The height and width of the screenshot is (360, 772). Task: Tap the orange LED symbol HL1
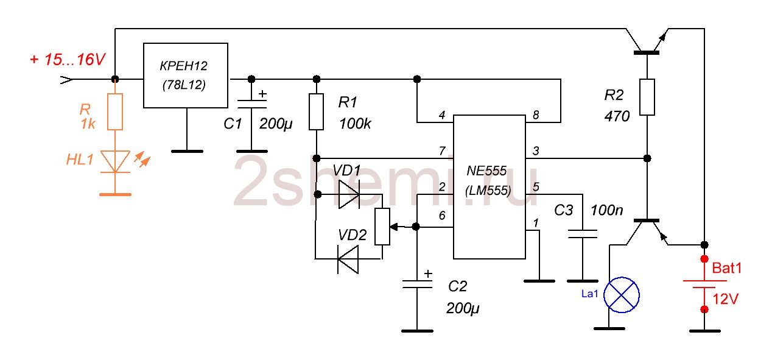pos(115,161)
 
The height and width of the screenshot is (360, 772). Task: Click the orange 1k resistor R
pos(115,111)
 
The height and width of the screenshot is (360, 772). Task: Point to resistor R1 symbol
pos(316,111)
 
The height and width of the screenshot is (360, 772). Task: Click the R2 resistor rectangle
pos(647,97)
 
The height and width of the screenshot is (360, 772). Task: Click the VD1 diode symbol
pos(349,194)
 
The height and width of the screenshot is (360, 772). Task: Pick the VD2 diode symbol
pos(348,259)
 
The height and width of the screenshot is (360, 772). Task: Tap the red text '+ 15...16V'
pos(68,60)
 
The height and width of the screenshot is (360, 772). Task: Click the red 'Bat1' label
pos(726,268)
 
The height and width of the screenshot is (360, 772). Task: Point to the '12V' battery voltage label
pos(726,299)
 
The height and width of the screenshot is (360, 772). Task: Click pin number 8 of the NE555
pos(536,115)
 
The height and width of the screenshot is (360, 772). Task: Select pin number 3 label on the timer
pos(536,150)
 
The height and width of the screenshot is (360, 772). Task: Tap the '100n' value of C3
pos(607,210)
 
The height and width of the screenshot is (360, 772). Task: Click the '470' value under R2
pos(617,116)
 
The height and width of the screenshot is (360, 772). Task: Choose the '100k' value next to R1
pos(355,124)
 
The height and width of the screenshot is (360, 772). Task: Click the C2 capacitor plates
pos(417,284)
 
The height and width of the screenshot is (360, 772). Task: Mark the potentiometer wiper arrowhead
pos(393,227)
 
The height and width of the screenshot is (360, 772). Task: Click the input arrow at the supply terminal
pos(66,80)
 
